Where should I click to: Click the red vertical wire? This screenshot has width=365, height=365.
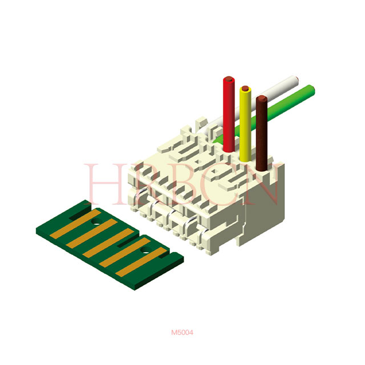[x=229, y=114]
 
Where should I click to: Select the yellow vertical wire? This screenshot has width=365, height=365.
[x=245, y=123]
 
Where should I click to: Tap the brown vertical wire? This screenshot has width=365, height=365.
[x=262, y=133]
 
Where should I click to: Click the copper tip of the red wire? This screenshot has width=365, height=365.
[x=229, y=79]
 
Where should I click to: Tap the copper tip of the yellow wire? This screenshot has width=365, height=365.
[x=245, y=88]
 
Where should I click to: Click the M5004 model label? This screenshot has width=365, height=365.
[x=182, y=332]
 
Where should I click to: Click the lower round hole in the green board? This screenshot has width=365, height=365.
[x=146, y=250]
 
